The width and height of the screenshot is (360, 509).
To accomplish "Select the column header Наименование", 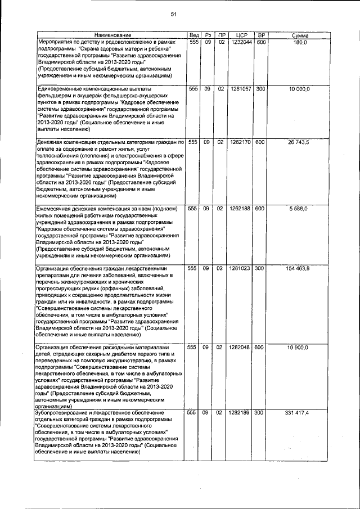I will (111, 35).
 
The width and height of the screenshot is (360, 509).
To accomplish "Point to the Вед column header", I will (193, 35).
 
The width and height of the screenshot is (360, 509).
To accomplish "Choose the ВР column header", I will (260, 35).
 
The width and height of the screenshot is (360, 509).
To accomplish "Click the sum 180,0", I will (301, 42).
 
